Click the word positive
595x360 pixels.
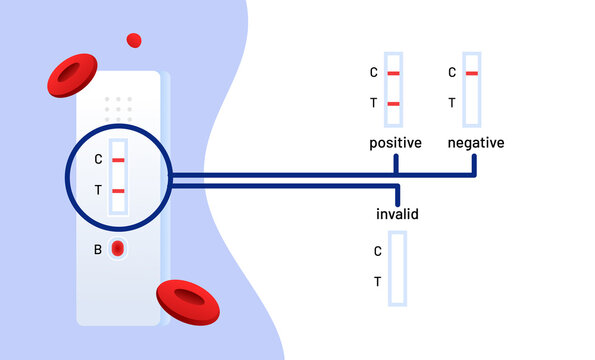[x=395, y=143]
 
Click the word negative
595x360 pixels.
[x=476, y=143]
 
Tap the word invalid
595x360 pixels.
[x=397, y=214]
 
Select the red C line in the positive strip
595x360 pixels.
[x=393, y=74]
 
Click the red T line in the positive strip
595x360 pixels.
[x=393, y=104]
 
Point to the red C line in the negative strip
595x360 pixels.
[x=472, y=74]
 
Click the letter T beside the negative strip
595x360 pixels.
[x=453, y=103]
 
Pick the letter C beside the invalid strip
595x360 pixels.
[x=377, y=252]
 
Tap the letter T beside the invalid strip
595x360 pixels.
[x=377, y=282]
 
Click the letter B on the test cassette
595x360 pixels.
[x=98, y=249]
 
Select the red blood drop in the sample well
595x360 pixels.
[x=117, y=248]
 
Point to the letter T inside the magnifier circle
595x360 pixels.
[x=98, y=190]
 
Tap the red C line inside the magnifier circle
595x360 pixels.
[x=118, y=160]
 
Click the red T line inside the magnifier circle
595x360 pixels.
[x=118, y=190]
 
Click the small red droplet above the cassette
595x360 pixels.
[x=133, y=40]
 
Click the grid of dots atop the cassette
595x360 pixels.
[x=118, y=108]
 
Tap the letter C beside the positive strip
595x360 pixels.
[x=374, y=73]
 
